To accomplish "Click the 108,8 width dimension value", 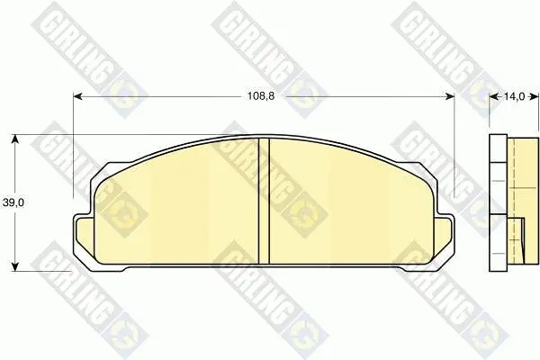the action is (x=261, y=96).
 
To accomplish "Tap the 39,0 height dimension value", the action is (x=13, y=202).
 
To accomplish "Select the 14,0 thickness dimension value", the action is (x=514, y=97).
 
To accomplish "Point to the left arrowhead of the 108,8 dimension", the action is (x=78, y=97).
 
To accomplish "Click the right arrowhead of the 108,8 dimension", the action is (x=450, y=97).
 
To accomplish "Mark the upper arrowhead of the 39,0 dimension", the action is (x=14, y=139).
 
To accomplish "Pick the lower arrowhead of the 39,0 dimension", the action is (x=14, y=266).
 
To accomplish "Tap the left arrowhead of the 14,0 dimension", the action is (x=494, y=97).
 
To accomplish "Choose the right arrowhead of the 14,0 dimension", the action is (x=534, y=97).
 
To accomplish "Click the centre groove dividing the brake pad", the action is (x=264, y=202).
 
